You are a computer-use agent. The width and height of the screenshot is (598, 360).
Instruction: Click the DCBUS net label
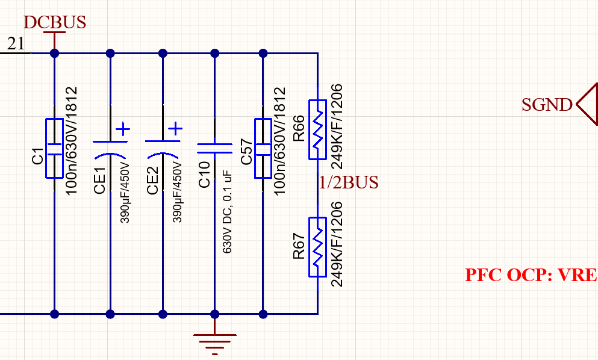[x=55, y=22]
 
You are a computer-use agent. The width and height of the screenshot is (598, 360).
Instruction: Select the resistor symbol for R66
[x=317, y=129]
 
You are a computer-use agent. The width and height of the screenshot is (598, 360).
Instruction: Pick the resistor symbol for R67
[x=317, y=247]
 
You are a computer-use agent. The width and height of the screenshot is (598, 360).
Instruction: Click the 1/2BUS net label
[x=349, y=182]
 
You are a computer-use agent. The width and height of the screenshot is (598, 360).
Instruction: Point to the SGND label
[x=547, y=105]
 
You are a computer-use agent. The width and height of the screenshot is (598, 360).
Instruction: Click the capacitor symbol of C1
[x=55, y=148]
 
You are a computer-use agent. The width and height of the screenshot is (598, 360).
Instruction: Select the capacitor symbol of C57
[x=263, y=148]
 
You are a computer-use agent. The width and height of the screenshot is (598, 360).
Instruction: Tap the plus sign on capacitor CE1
[x=123, y=129]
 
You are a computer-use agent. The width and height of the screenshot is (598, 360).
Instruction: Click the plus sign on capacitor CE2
[x=175, y=128]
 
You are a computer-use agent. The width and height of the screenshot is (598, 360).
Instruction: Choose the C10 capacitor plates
[x=215, y=148]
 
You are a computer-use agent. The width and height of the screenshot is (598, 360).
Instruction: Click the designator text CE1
[x=99, y=181]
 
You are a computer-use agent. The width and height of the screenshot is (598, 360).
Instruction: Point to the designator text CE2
[x=152, y=181]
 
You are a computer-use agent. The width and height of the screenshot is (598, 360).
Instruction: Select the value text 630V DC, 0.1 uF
[x=227, y=213]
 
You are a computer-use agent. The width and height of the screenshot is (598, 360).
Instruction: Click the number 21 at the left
[x=16, y=43]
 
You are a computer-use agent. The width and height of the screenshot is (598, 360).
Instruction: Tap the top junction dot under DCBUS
[x=55, y=53]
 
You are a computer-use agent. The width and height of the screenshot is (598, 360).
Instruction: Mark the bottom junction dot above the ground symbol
[x=215, y=314]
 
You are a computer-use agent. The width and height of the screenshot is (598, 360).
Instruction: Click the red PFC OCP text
[x=531, y=275]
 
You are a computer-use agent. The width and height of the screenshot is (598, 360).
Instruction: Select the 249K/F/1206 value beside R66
[x=337, y=126]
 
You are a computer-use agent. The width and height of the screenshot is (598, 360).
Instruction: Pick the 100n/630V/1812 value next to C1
[x=71, y=141]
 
